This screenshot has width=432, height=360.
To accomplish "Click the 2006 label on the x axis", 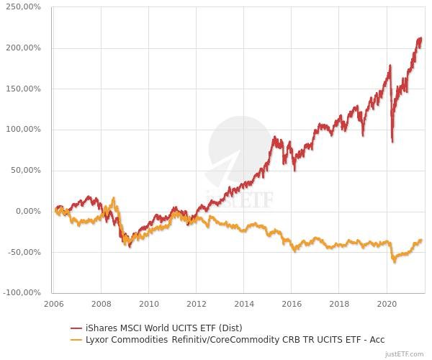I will click(x=53, y=304).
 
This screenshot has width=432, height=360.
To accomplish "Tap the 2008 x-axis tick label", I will click(x=101, y=304).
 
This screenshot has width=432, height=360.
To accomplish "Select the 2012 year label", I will click(x=197, y=304).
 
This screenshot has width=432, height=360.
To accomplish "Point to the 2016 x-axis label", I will click(x=292, y=304).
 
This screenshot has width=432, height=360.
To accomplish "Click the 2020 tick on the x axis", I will click(x=387, y=304).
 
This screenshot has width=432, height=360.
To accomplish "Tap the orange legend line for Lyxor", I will click(x=75, y=339).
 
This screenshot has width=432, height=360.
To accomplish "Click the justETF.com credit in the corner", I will click(x=406, y=354).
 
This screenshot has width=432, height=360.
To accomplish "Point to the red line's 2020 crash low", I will click(x=392, y=141).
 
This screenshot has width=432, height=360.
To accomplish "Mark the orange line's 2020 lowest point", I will click(x=394, y=262).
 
